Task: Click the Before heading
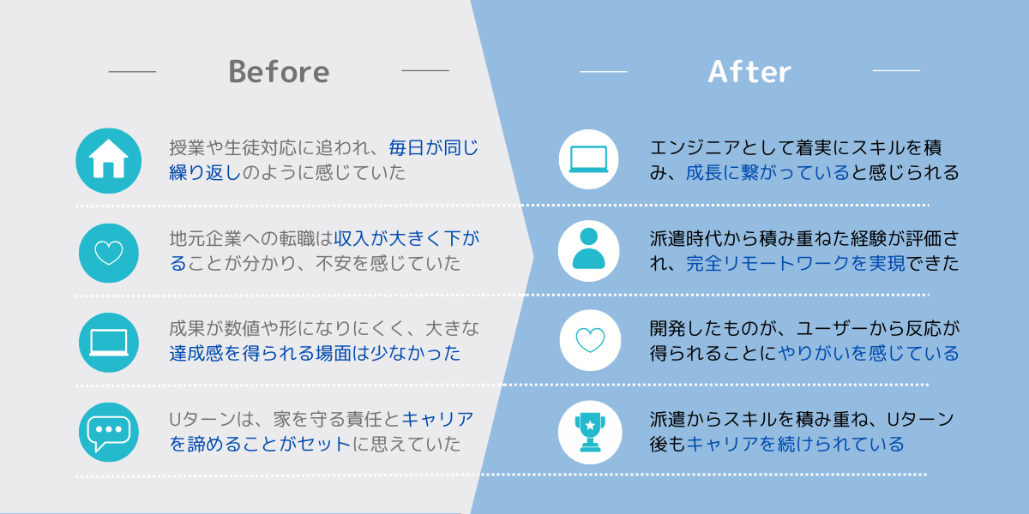pos(279,71)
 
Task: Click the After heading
pos(749,71)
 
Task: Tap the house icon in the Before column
pos(108,160)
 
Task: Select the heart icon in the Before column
pos(108,253)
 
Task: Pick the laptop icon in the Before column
pos(108,343)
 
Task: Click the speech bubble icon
pos(108,433)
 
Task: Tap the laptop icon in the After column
pos(588,159)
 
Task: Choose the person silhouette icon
pos(588,251)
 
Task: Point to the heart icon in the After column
pos(590,340)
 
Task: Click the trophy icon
pos(590,433)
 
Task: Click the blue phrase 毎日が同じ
pos(434,147)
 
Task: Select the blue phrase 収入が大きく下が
pos(406,239)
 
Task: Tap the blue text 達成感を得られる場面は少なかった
pos(315,353)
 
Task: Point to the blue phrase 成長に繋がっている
pos(767,172)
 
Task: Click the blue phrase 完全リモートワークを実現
pos(796,264)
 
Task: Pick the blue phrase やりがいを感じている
pos(869,353)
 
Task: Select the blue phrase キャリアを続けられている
pos(795,444)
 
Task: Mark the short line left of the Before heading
pos(132,72)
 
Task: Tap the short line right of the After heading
pos(896,70)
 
